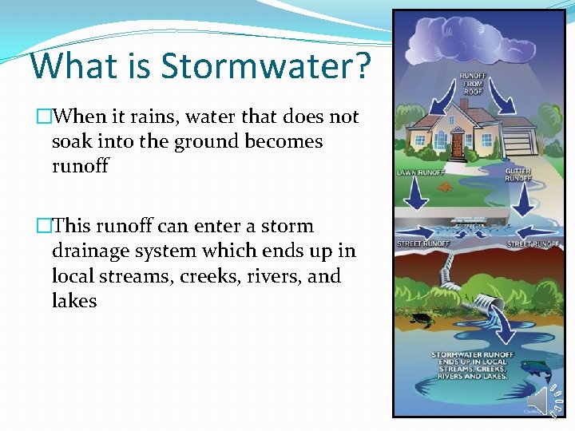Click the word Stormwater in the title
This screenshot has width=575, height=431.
coord(255,65)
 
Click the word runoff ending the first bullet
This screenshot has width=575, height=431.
coord(79,166)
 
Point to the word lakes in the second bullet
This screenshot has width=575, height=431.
coord(74,301)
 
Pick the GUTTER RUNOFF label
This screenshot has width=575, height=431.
coord(517,174)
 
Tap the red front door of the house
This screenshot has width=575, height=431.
coord(458,145)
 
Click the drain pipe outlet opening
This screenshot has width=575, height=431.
coord(488,306)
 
